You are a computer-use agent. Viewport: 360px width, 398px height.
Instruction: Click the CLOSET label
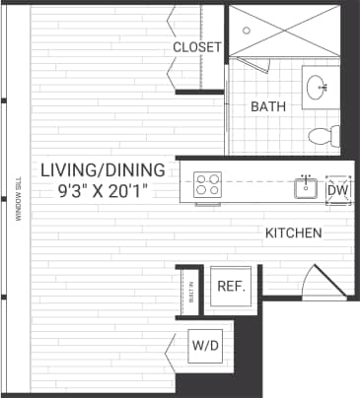[x=197, y=47]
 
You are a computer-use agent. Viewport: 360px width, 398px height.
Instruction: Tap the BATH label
[x=267, y=106]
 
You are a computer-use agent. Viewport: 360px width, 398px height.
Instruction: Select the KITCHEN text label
[x=293, y=233]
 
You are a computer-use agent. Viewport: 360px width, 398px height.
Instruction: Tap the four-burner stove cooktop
[x=208, y=184]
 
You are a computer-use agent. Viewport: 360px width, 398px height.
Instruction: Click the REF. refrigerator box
[x=231, y=287]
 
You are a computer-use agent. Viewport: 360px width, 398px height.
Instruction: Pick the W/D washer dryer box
[x=206, y=346]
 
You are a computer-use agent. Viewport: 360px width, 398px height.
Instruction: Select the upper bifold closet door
[x=174, y=20]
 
